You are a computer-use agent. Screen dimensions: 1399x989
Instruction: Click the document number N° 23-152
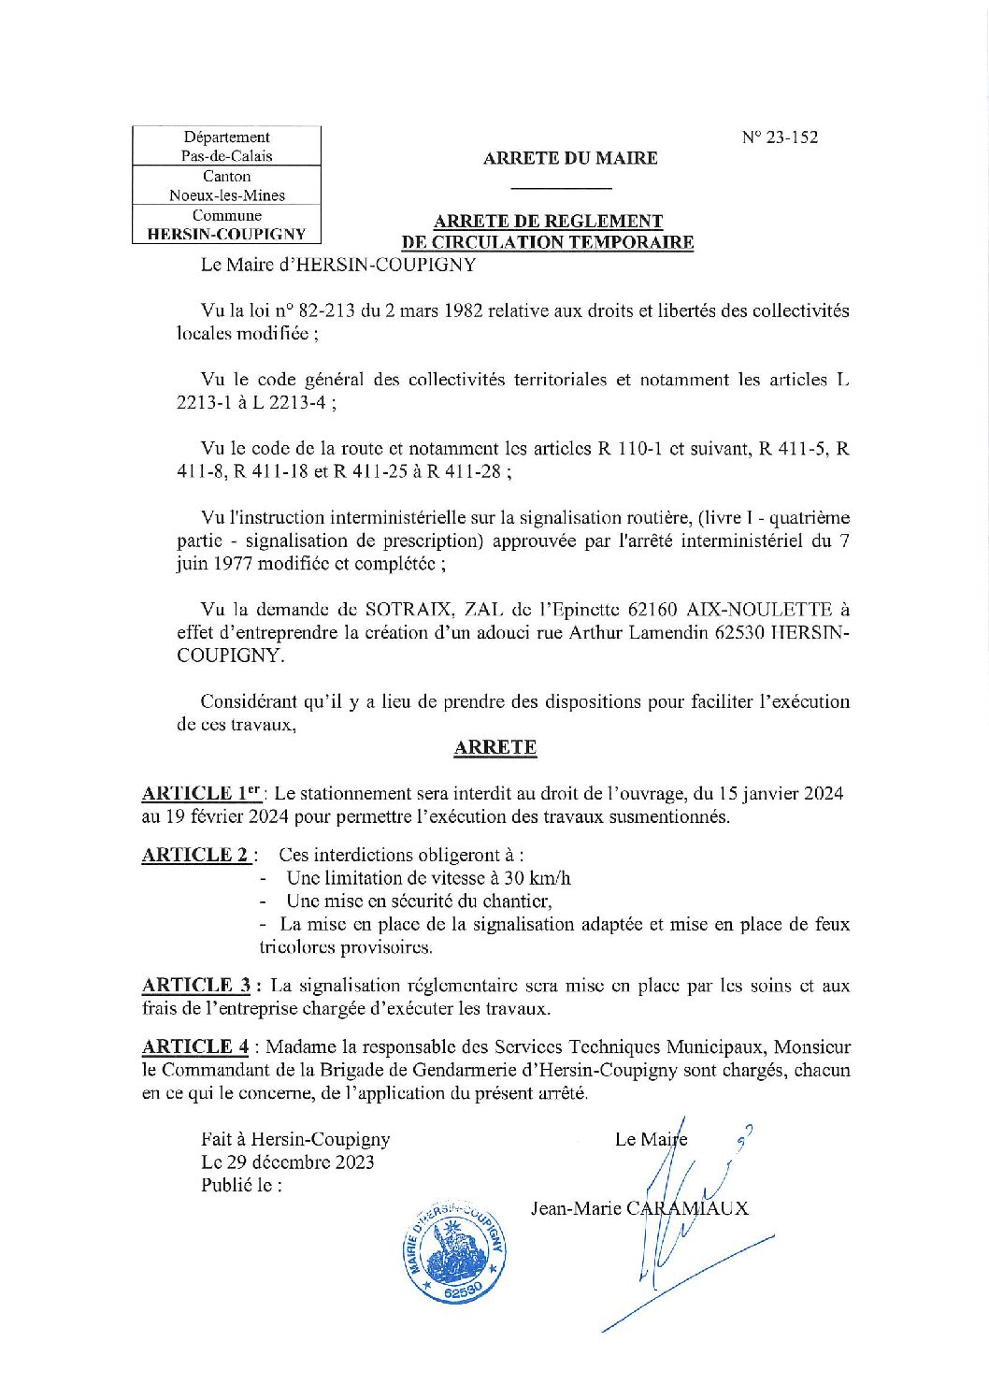coord(780,137)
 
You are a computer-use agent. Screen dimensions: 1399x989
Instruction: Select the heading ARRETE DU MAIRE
coord(569,158)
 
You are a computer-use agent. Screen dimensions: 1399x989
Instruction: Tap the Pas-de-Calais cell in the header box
coord(226,156)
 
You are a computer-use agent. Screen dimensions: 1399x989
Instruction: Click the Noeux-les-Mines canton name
coord(226,195)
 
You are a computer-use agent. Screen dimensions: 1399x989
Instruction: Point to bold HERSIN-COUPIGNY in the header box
coord(226,234)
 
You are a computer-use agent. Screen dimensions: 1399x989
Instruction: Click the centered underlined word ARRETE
coord(494,747)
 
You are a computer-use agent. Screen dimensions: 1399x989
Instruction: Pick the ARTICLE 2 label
coord(195,855)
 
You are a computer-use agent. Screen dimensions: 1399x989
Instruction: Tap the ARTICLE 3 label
coord(196,985)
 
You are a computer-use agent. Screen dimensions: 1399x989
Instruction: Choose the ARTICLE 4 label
coord(195,1046)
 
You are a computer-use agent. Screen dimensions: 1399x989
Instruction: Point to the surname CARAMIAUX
coord(687,1207)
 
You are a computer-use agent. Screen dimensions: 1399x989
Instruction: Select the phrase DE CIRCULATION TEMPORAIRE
coord(547,242)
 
